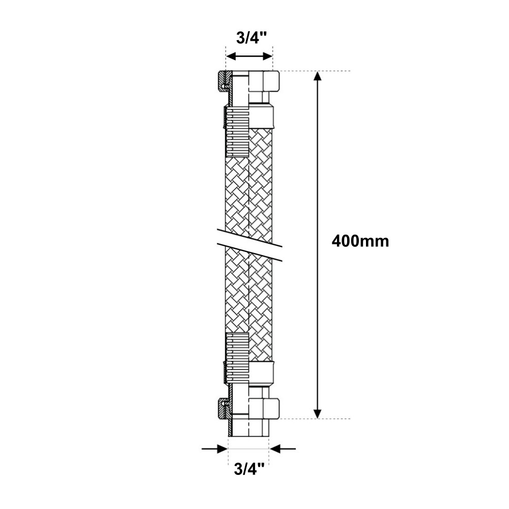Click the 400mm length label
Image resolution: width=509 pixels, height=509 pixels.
point(360,242)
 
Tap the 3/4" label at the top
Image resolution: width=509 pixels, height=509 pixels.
point(251,38)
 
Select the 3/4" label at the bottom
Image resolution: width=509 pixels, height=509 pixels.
point(249,469)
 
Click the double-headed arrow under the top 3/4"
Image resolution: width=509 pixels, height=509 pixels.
point(249,56)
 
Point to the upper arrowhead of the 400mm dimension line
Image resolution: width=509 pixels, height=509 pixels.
point(318,77)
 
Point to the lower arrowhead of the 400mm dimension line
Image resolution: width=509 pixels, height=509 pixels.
point(318,413)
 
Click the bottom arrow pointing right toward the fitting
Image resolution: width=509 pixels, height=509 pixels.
point(214,449)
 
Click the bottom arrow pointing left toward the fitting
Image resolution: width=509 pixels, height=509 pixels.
point(282,449)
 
